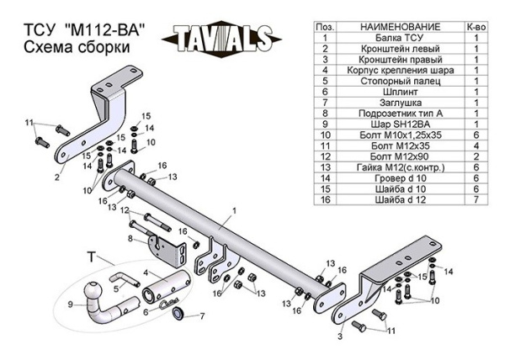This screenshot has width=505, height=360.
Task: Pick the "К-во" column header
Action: (476, 29)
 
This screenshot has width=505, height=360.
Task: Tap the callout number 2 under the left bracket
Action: (57, 177)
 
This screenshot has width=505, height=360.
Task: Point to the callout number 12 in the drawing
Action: (123, 209)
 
